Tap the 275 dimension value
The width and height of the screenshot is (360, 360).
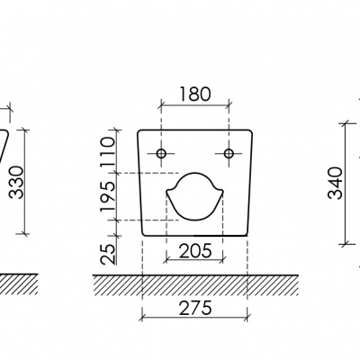point(194,308)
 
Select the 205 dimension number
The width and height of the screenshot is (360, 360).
point(194,248)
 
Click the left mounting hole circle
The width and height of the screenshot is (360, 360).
point(161,154)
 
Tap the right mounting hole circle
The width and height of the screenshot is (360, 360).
point(229,154)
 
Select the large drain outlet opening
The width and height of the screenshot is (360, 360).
point(194,196)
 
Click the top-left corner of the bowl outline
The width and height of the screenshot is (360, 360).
point(139,132)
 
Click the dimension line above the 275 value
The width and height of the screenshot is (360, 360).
point(194,319)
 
